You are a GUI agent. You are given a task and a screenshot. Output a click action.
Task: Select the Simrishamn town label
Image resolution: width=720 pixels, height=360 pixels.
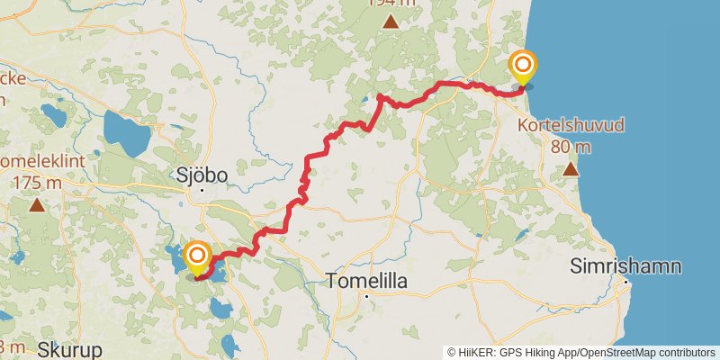pyautogui.click(x=625, y=266)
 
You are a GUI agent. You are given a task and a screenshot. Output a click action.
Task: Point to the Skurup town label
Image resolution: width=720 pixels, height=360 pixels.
pyautogui.click(x=69, y=349)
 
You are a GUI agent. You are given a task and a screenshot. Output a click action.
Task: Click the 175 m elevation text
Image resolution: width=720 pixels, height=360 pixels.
pyautogui.click(x=37, y=183)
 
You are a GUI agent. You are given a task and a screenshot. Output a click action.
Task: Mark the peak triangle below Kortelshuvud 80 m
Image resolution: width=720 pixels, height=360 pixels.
pyautogui.click(x=570, y=169)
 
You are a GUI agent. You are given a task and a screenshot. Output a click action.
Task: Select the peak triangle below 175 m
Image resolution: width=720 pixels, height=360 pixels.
pyautogui.click(x=37, y=205)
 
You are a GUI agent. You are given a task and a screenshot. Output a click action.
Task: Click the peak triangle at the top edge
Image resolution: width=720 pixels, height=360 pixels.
pyautogui.click(x=391, y=21)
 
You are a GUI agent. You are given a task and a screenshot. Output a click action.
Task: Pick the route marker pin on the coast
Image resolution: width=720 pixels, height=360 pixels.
pyautogui.click(x=522, y=67)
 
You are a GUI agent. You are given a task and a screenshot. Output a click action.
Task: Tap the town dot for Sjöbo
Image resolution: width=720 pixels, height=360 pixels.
pyautogui.click(x=202, y=190)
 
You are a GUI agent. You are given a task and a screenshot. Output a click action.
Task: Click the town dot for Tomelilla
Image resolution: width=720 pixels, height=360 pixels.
pyautogui.click(x=367, y=295)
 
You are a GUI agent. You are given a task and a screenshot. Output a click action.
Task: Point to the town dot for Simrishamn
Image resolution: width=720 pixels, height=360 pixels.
pyautogui.click(x=626, y=283)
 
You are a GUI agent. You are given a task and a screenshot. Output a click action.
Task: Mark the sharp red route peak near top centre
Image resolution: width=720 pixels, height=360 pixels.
pyautogui.click(x=380, y=95)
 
